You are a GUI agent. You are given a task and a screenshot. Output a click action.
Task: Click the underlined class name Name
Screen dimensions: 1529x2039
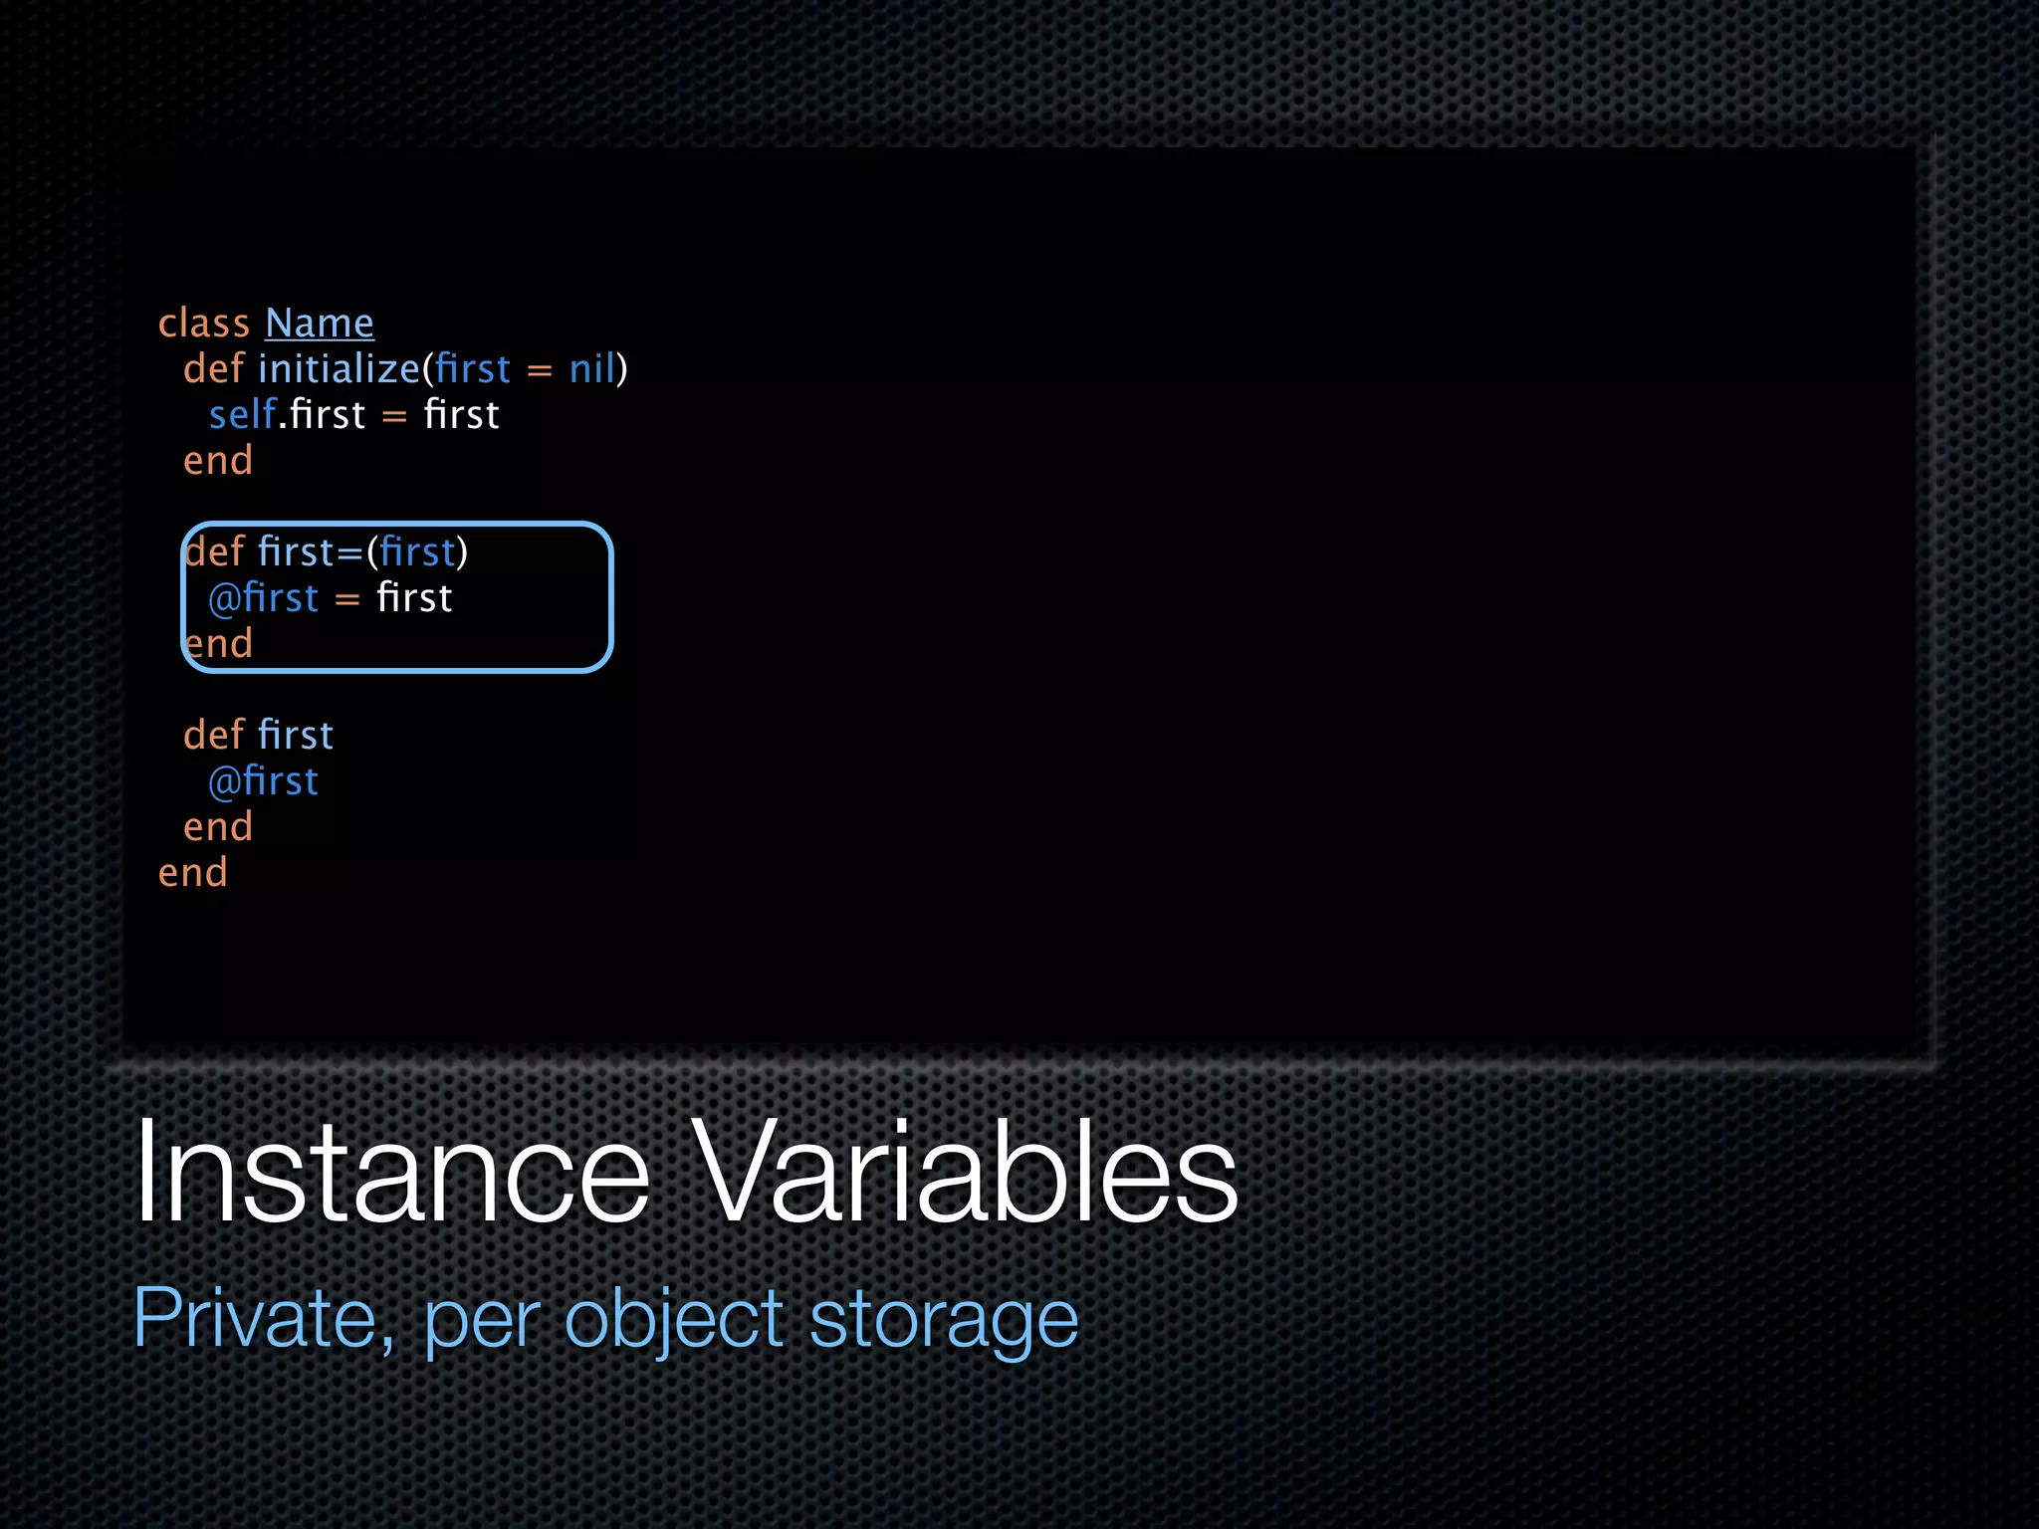(x=319, y=324)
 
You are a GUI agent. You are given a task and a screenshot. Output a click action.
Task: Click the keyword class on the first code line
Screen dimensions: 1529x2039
(x=204, y=324)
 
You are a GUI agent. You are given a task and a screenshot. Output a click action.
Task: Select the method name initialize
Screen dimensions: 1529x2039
(x=340, y=369)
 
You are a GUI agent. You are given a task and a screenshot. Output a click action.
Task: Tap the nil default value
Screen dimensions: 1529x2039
(x=592, y=369)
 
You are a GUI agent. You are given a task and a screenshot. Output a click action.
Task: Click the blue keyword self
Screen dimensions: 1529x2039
(x=242, y=415)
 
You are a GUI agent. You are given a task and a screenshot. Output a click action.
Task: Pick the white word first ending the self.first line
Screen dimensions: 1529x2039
(x=461, y=415)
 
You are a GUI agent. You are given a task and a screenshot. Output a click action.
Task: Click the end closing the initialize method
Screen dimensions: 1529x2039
(x=218, y=461)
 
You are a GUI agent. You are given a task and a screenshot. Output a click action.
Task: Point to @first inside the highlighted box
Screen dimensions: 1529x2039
(x=264, y=598)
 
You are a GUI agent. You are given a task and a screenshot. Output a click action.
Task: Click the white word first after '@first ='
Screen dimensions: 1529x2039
(x=414, y=598)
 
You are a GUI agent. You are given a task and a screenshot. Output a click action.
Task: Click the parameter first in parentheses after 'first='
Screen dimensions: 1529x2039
(x=417, y=552)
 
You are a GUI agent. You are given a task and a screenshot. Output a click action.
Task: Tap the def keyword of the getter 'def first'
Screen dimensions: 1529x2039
(x=213, y=736)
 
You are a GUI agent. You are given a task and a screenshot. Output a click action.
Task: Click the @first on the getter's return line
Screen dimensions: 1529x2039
(x=264, y=781)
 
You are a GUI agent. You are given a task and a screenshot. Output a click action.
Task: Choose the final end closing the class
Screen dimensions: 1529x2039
(x=193, y=873)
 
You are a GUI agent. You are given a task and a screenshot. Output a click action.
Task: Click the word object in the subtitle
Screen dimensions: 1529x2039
(x=674, y=1319)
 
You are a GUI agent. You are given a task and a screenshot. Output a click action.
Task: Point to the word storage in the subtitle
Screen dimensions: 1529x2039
(x=943, y=1319)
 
